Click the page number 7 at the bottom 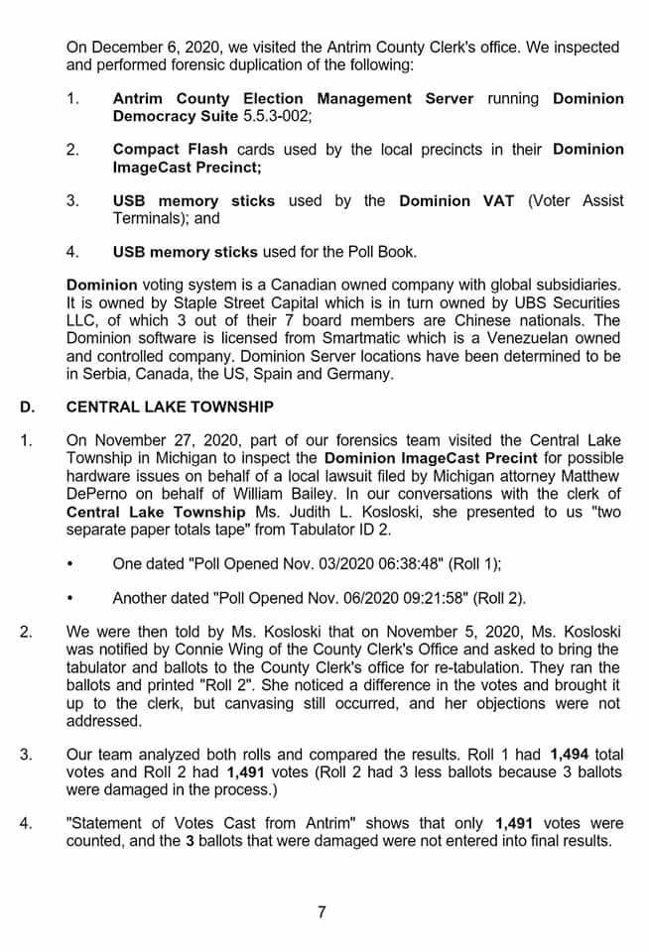(321, 912)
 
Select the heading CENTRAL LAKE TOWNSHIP (170, 407)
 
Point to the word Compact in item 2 (146, 149)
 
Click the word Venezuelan (511, 338)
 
